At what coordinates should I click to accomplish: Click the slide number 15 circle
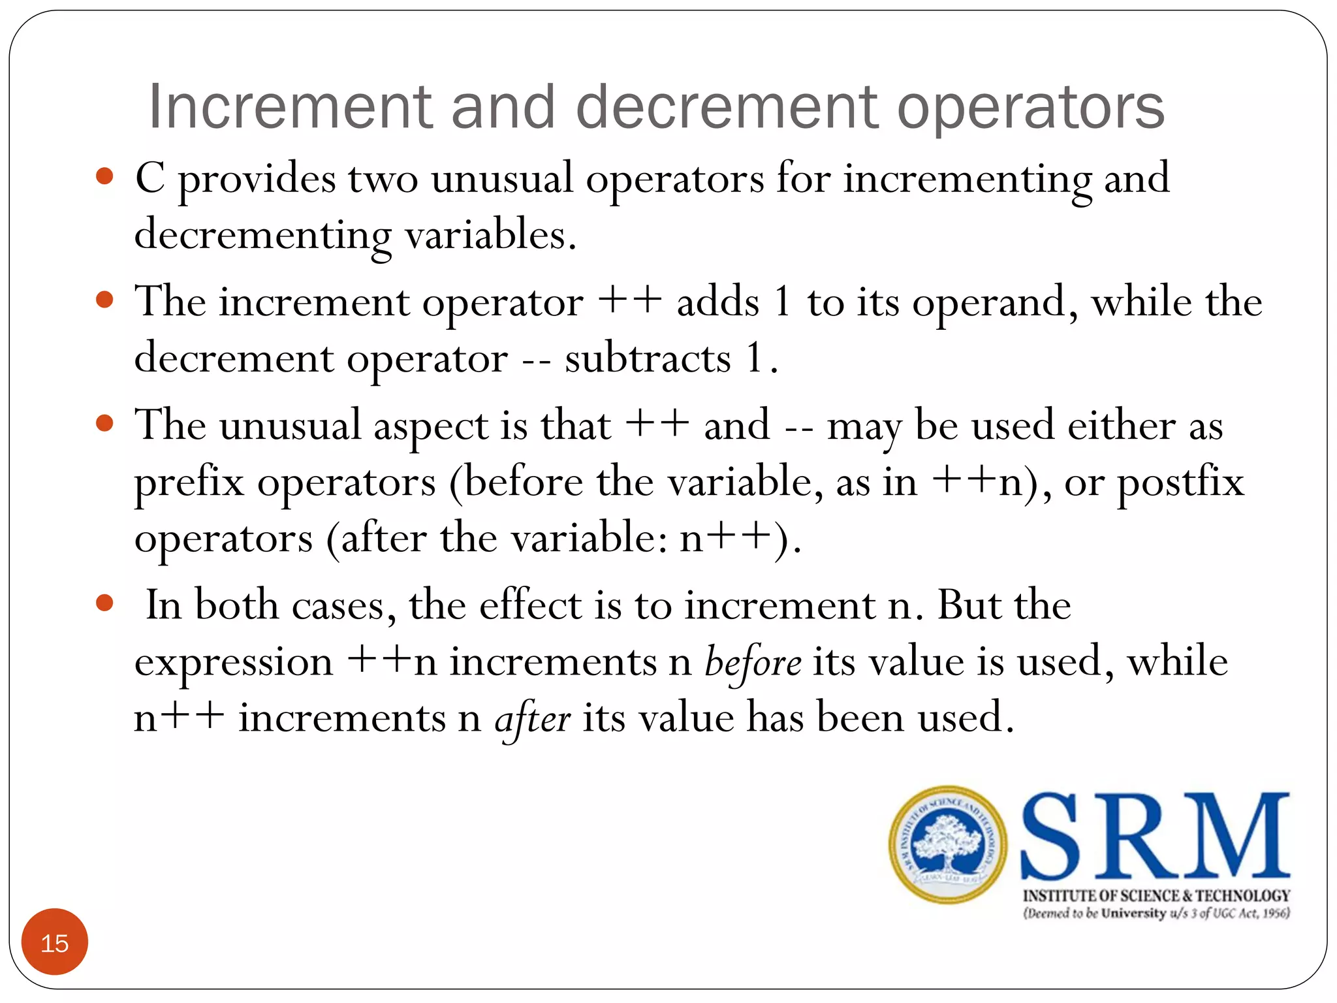(55, 942)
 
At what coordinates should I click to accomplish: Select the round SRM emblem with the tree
(948, 844)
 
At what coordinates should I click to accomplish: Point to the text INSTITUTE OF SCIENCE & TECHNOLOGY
(1156, 895)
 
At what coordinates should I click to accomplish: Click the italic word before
(753, 662)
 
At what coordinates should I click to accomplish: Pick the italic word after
(533, 719)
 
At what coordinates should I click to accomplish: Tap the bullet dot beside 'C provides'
(104, 176)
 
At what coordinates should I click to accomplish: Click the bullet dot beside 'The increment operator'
(104, 300)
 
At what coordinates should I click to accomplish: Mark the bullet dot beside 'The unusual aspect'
(104, 423)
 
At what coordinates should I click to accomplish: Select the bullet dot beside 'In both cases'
(104, 603)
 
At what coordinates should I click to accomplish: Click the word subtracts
(648, 358)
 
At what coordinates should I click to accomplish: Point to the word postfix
(1180, 483)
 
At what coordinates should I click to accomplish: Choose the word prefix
(189, 483)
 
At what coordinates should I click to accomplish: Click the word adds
(718, 302)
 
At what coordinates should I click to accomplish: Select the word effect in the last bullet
(530, 604)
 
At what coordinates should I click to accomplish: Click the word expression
(234, 662)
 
